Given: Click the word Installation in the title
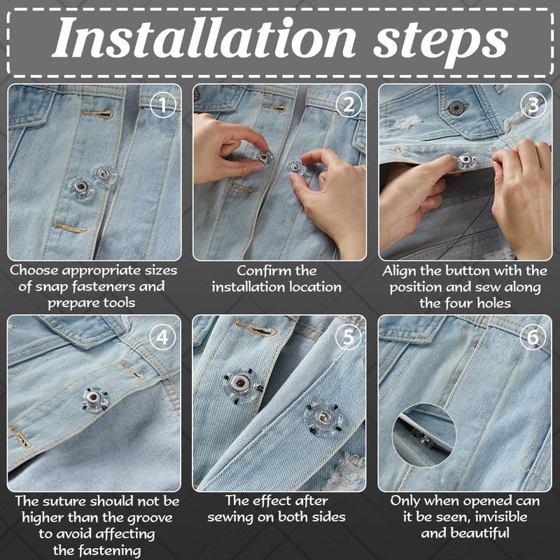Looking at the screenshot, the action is point(204,38).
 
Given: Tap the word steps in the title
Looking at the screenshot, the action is point(440,42).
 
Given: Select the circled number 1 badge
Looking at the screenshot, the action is point(163,105).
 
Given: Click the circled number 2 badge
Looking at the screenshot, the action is point(349,105).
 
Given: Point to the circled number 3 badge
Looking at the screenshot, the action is point(533,105).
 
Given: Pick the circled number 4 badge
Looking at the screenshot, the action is point(162,337).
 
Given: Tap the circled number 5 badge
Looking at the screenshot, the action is point(348,337).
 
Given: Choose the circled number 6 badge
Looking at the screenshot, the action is point(533,337).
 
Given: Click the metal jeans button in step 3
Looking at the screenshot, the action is point(456,108).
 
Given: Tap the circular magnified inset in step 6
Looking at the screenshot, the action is point(424,435).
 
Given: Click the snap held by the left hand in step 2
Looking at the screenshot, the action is point(263,156).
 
